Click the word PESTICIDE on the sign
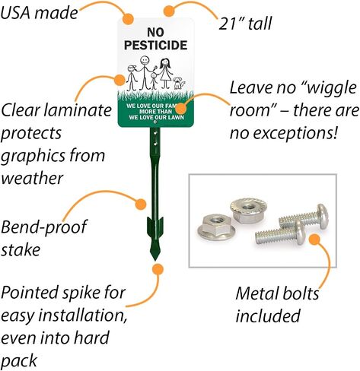(x=156, y=45)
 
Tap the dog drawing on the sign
(x=179, y=83)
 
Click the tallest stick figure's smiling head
(x=145, y=61)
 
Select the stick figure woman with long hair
(x=165, y=74)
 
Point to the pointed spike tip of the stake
(x=155, y=259)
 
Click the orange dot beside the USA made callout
(x=129, y=18)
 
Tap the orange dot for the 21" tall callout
(x=169, y=11)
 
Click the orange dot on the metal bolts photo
(x=314, y=239)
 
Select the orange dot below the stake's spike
(x=158, y=269)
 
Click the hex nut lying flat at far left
(x=216, y=227)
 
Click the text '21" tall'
(x=245, y=24)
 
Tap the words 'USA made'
(x=39, y=13)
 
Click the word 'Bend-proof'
(x=44, y=227)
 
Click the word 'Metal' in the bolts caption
(x=255, y=293)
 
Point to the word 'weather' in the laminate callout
(x=32, y=178)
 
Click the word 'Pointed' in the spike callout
(x=30, y=292)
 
